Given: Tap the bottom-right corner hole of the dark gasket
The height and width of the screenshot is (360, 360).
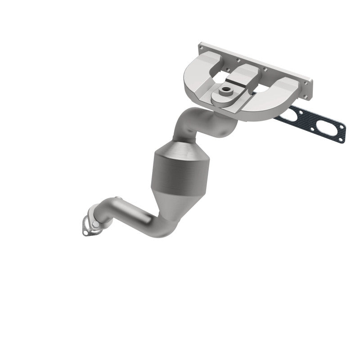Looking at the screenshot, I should point(342,140).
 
